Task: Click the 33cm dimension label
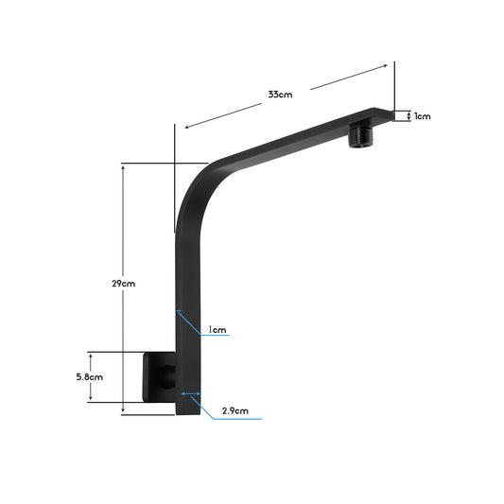pyautogui.click(x=279, y=95)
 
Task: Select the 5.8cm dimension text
pyautogui.click(x=91, y=376)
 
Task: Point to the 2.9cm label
pyautogui.click(x=235, y=410)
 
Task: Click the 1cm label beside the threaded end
pyautogui.click(x=422, y=116)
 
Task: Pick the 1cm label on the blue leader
pyautogui.click(x=218, y=330)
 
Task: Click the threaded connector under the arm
pyautogui.click(x=361, y=133)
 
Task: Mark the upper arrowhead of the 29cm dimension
pyautogui.click(x=123, y=166)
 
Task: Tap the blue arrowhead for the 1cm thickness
pyautogui.click(x=178, y=310)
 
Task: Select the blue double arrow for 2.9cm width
pyautogui.click(x=189, y=394)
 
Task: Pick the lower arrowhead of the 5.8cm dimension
pyautogui.click(x=91, y=400)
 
